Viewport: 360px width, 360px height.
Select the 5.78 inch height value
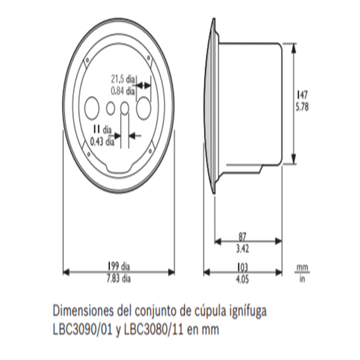[302, 107]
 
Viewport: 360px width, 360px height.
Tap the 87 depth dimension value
[243, 236]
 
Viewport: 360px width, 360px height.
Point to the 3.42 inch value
[243, 249]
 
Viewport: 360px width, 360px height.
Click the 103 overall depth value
[243, 268]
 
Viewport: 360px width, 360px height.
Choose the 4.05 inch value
[243, 280]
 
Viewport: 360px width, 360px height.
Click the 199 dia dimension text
[119, 267]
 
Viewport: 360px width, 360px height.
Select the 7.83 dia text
[119, 279]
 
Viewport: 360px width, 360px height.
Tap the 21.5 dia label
[123, 79]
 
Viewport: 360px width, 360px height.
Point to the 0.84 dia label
[123, 91]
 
